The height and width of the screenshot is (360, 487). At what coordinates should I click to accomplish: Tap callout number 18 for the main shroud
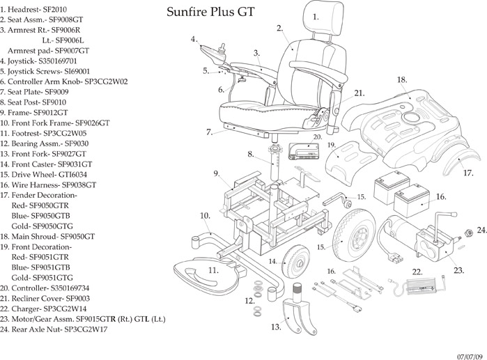point(402,80)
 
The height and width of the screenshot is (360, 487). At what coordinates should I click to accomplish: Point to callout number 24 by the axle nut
point(481,230)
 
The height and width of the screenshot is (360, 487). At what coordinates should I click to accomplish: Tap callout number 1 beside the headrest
point(316,16)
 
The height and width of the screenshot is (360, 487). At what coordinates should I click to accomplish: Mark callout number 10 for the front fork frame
point(205,216)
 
